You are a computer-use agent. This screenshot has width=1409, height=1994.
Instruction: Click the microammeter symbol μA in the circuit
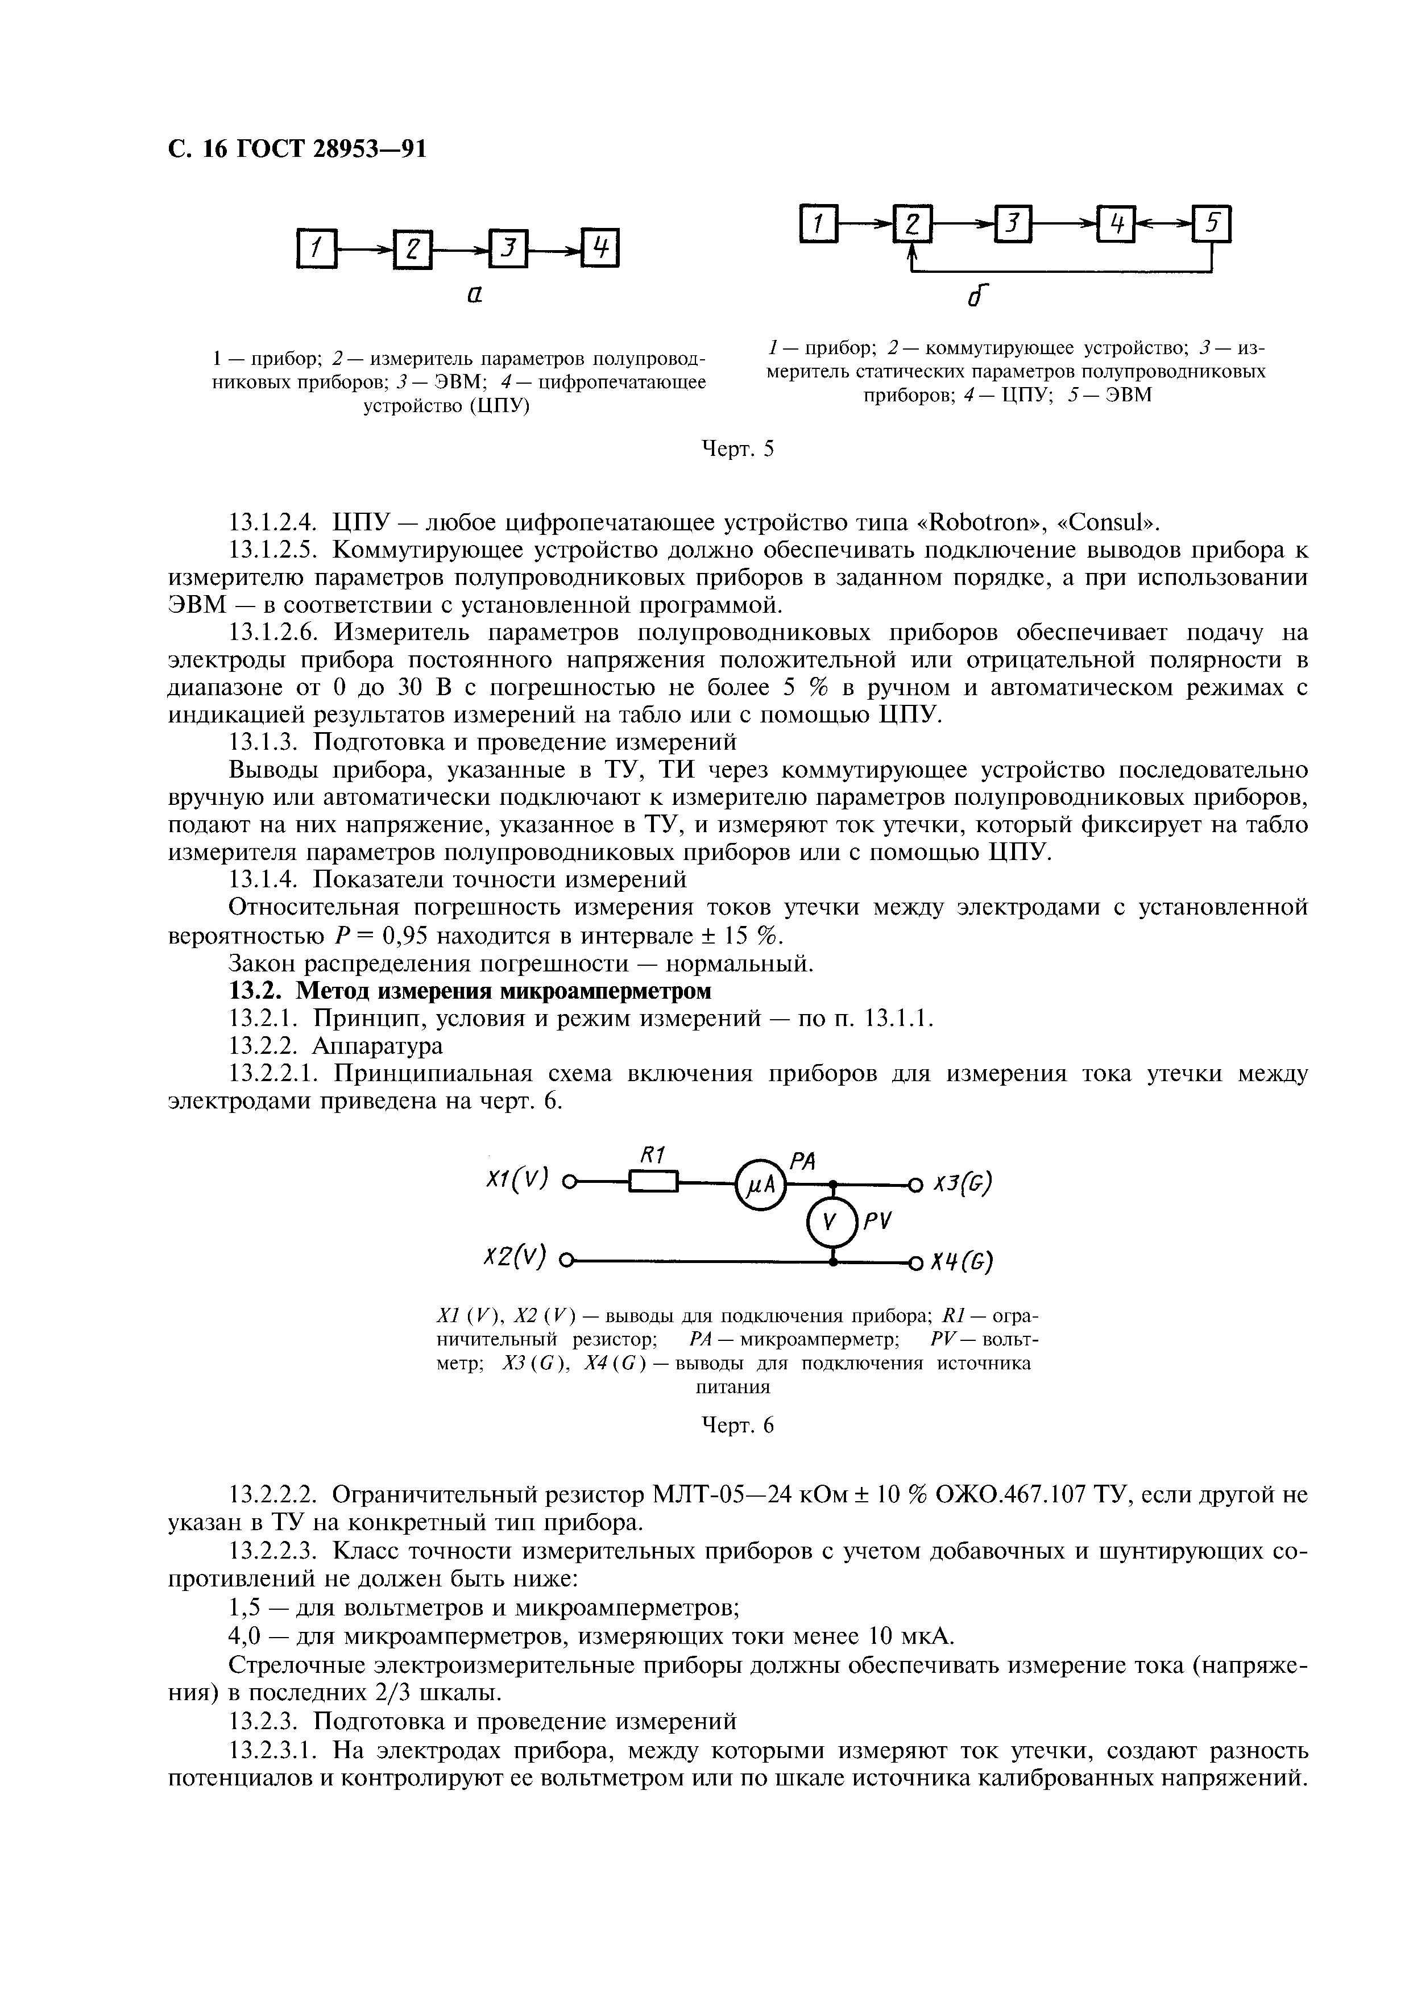click(x=759, y=1183)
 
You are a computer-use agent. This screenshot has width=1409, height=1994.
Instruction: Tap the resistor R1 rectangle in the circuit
click(x=652, y=1183)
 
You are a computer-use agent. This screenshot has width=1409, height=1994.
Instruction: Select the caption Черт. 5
click(x=737, y=449)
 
